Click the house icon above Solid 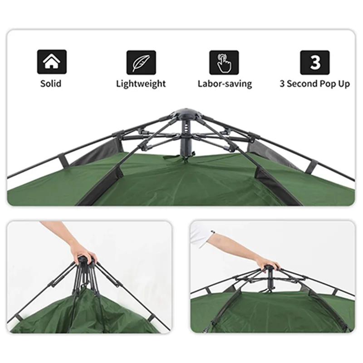[x=52, y=62]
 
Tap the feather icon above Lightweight [x=141, y=62]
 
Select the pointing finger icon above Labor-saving [x=224, y=63]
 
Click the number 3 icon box [x=314, y=63]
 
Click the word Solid [x=51, y=83]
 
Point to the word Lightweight [x=141, y=84]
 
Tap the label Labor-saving [x=225, y=84]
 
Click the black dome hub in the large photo [x=186, y=114]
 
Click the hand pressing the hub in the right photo [x=268, y=264]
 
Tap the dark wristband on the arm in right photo [x=212, y=232]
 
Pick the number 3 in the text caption [x=282, y=84]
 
